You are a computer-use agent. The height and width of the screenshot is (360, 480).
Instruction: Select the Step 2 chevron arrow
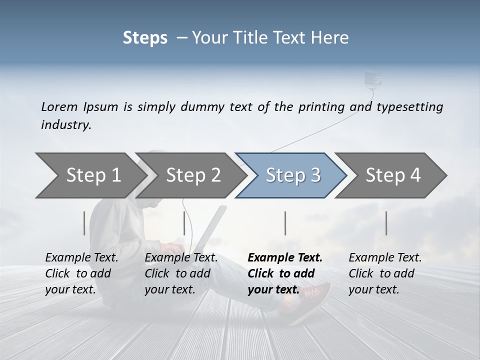[x=193, y=175]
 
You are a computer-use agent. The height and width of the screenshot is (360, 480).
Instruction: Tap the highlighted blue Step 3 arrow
[x=293, y=175]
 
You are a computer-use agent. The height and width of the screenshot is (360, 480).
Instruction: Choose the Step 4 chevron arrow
[x=393, y=175]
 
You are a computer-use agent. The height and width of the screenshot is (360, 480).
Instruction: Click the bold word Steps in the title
[x=145, y=38]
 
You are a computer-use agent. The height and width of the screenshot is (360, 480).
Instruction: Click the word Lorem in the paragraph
[x=58, y=106]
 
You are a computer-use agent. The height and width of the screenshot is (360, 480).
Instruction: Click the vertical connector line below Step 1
[x=84, y=223]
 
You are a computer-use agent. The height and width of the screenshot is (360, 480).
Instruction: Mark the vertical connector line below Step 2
[x=184, y=223]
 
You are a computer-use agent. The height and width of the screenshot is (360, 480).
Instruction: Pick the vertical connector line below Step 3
[x=285, y=223]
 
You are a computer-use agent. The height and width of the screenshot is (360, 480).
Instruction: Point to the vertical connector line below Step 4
[x=386, y=223]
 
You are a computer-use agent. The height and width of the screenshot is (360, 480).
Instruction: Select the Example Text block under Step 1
[x=81, y=273]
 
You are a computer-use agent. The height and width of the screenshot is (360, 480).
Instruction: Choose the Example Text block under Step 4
[x=385, y=273]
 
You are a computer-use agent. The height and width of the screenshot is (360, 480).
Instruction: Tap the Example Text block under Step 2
[x=181, y=273]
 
